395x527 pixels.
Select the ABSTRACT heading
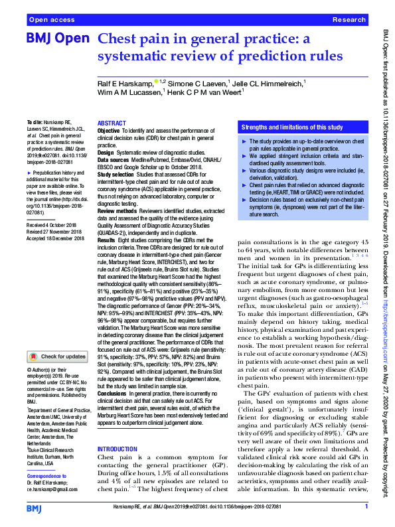coord(111,124)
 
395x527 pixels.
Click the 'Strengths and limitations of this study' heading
coord(292,126)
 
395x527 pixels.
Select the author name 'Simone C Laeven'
coord(196,84)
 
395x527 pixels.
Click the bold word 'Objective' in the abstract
coord(109,131)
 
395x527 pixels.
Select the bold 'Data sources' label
coord(114,160)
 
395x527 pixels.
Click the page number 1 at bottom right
coord(366,507)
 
